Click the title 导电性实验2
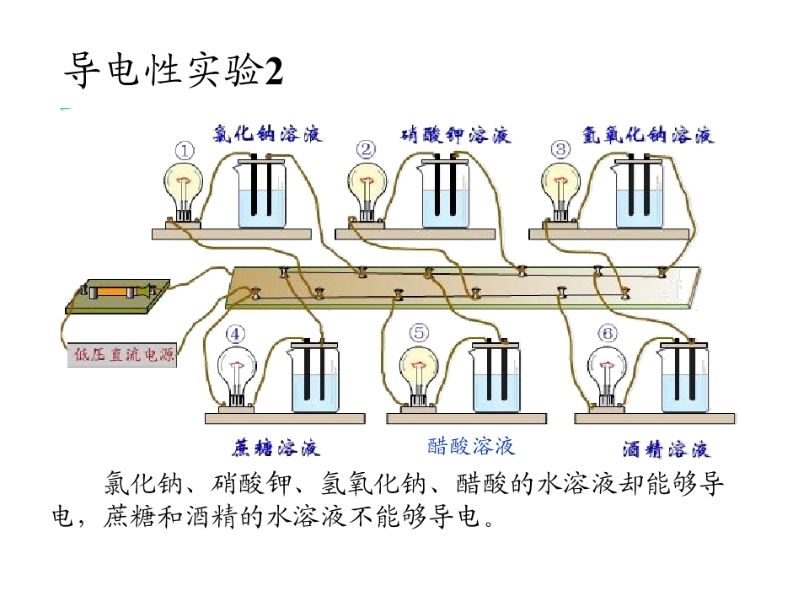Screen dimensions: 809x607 tap(174, 70)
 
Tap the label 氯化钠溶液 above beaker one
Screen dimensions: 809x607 tap(268, 134)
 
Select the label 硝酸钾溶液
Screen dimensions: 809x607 tap(456, 135)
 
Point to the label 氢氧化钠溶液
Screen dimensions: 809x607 tap(648, 135)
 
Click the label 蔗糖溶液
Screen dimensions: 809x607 tap(276, 447)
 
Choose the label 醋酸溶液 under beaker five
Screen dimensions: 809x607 tap(471, 446)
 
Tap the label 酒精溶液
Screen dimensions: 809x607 tap(666, 449)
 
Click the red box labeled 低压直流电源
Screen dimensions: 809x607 tap(122, 355)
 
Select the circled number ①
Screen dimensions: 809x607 tap(185, 151)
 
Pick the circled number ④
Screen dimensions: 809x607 tap(235, 335)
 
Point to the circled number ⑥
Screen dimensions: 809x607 tap(608, 334)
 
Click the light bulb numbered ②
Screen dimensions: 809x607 tap(367, 192)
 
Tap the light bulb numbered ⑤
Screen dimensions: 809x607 tap(419, 377)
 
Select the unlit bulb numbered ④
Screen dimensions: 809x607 tap(237, 377)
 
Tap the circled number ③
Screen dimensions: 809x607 tap(560, 150)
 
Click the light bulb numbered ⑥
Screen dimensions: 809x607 tap(608, 377)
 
